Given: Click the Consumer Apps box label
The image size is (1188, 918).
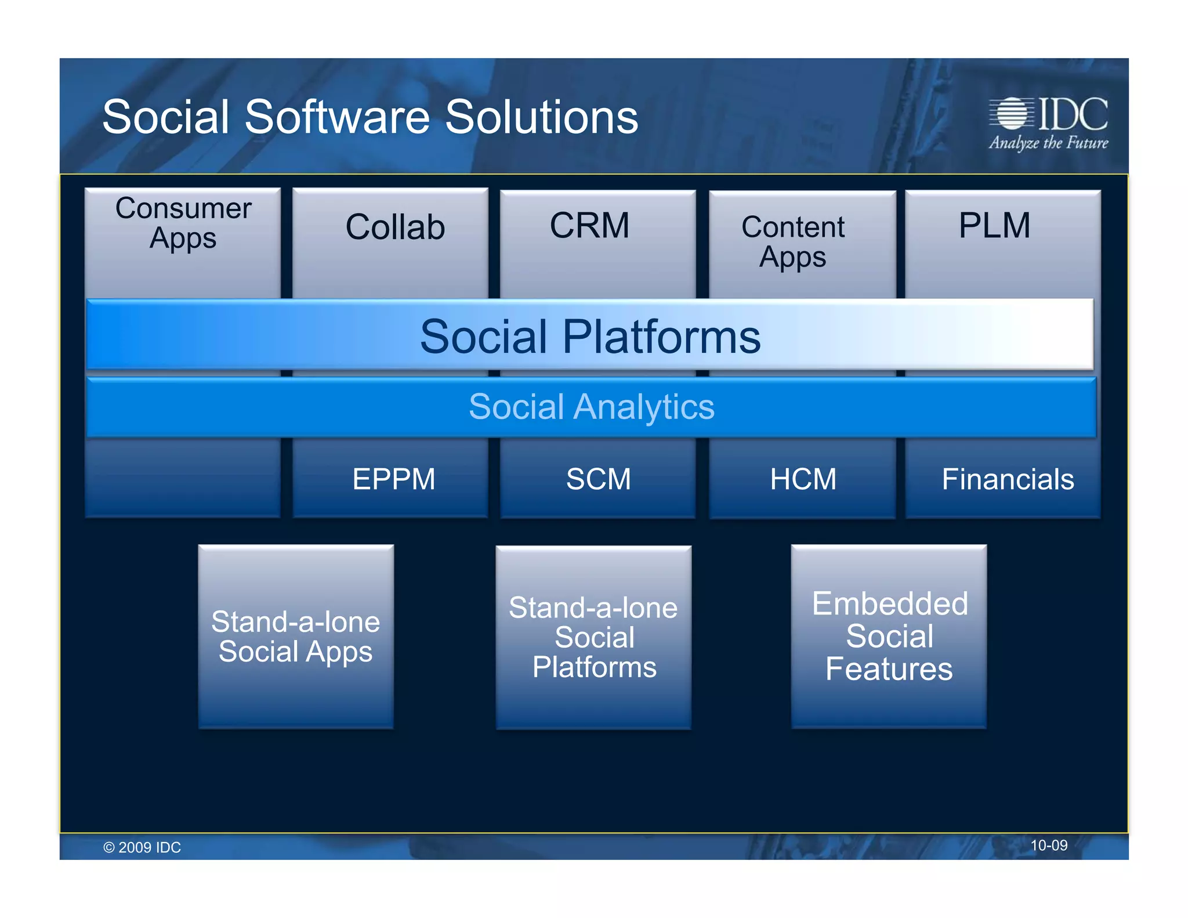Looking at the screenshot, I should pyautogui.click(x=183, y=223).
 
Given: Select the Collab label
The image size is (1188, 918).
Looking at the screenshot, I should pyautogui.click(x=395, y=227).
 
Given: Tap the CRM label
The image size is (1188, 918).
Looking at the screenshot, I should pyautogui.click(x=589, y=225).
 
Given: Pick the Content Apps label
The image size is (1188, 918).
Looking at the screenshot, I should pyautogui.click(x=793, y=242).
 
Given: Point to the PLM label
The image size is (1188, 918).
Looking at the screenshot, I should pyautogui.click(x=994, y=225).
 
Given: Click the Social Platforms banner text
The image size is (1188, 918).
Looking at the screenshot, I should pyautogui.click(x=590, y=337).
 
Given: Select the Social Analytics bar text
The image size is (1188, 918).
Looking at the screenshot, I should pyautogui.click(x=592, y=407).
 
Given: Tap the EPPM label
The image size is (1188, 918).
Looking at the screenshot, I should pyautogui.click(x=394, y=479).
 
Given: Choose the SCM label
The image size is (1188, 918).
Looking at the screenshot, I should pyautogui.click(x=598, y=479).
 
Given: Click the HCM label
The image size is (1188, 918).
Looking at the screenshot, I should pyautogui.click(x=803, y=479).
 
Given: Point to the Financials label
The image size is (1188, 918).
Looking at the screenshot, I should pyautogui.click(x=1008, y=479).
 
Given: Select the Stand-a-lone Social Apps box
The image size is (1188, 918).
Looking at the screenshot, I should pyautogui.click(x=296, y=637).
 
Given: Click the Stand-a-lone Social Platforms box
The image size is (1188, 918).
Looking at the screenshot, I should pyautogui.click(x=593, y=637).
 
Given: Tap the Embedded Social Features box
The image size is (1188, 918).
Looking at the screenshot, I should pyautogui.click(x=889, y=636).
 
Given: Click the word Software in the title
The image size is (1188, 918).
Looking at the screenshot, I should pyautogui.click(x=337, y=117).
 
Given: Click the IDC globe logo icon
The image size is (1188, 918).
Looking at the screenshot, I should pyautogui.click(x=1012, y=113).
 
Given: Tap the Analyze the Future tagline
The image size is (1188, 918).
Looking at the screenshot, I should pyautogui.click(x=1048, y=143).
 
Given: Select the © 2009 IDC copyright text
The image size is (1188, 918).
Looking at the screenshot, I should pyautogui.click(x=142, y=847).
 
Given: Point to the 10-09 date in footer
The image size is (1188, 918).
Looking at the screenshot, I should pyautogui.click(x=1048, y=845).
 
